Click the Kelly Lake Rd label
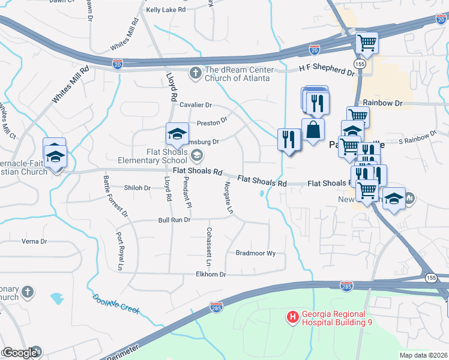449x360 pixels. coord(166,10)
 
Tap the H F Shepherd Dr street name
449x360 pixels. coord(327,70)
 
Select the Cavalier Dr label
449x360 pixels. coord(196,104)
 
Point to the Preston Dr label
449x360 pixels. coord(212,122)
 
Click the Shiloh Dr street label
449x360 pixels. coord(137,188)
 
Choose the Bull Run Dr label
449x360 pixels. coord(174,220)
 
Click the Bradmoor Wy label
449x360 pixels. coord(255,253)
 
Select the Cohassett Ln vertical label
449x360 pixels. coord(209,247)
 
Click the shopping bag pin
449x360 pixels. coord(313,130)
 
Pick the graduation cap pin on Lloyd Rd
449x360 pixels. coord(177,134)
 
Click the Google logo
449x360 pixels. coord(20,353)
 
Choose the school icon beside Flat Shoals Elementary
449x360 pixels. coord(196,156)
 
